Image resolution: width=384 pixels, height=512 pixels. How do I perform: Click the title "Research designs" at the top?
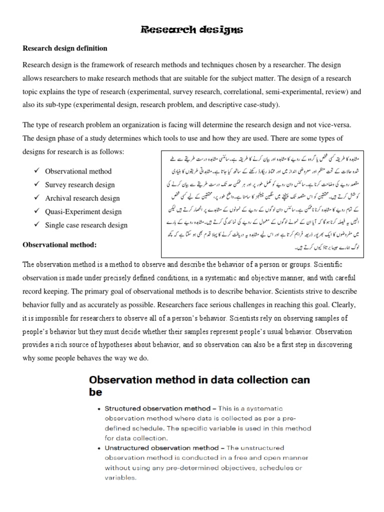(192, 30)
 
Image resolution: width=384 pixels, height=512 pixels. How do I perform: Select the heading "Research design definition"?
(65, 48)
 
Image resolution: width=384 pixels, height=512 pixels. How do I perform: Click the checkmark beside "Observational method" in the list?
(37, 171)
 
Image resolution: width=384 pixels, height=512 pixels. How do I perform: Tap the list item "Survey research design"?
(80, 184)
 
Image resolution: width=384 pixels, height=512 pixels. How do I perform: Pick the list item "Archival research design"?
(82, 198)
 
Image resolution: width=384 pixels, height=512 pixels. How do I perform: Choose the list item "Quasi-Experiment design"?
(83, 211)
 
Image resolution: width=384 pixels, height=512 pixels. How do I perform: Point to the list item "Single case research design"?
(86, 225)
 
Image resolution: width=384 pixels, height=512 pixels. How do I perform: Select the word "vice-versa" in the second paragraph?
(334, 125)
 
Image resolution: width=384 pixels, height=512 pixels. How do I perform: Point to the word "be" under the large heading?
(95, 392)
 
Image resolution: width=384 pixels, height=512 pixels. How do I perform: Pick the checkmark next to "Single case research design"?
(37, 225)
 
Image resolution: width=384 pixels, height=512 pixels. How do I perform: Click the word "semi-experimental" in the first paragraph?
(303, 92)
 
